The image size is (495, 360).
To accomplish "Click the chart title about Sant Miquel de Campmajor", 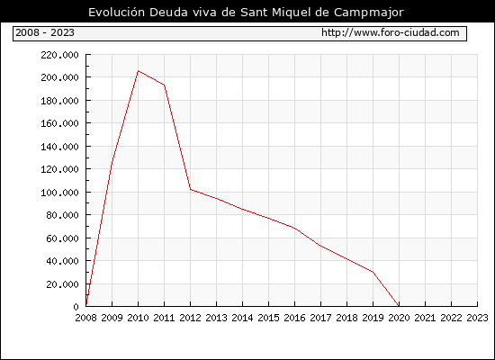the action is [x=246, y=13].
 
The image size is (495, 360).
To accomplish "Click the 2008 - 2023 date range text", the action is [x=45, y=32].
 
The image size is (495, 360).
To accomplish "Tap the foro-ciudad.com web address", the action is [x=391, y=32].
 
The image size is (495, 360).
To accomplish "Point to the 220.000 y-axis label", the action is [x=59, y=55].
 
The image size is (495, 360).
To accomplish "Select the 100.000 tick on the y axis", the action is [x=59, y=193].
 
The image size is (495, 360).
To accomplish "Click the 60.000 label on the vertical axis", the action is [x=62, y=238].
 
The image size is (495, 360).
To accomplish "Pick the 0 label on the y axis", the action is [x=76, y=307].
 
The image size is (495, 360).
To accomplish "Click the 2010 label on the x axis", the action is [x=138, y=318].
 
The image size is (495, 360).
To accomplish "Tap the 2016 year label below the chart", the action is [x=294, y=318].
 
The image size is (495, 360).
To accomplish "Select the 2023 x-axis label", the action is [x=477, y=318].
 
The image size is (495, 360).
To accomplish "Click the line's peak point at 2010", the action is [x=138, y=71].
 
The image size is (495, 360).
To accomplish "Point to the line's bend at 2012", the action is [x=191, y=190].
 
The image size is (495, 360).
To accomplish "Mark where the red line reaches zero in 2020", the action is [x=399, y=306].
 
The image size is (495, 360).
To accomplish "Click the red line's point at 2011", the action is [x=164, y=85].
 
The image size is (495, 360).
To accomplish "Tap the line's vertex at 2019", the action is [x=373, y=272].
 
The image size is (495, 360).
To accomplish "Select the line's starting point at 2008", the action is [x=86, y=305].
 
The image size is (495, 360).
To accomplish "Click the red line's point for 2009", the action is [x=112, y=164].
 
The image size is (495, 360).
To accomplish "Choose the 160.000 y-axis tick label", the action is [x=59, y=123].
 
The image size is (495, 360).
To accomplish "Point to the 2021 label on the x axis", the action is [x=425, y=318].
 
